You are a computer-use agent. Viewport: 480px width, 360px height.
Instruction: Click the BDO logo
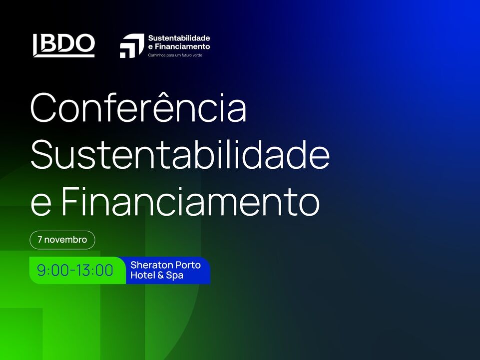pos(63,45)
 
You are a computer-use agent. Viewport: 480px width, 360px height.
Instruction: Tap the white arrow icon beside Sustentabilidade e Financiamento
pos(132,45)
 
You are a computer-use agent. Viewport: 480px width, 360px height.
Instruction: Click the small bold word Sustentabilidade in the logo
pos(179,38)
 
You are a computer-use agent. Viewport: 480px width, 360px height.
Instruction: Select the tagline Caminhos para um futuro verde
pos(175,55)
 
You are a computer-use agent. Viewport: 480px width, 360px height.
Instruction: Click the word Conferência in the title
pos(138,108)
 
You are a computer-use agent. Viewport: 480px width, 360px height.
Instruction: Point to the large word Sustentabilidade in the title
pos(180,154)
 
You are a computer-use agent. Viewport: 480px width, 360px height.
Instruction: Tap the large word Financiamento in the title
pos(190,201)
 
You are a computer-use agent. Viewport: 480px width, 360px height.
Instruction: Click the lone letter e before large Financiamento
pos(41,205)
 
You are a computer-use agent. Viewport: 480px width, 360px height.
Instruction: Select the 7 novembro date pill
pos(62,240)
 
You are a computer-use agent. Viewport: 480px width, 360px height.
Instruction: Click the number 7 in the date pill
pos(40,239)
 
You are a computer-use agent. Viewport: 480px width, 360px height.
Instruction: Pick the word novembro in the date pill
pos(66,239)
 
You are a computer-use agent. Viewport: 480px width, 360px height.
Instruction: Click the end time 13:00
pos(94,270)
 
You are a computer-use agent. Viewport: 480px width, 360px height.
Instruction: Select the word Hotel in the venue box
pos(143,275)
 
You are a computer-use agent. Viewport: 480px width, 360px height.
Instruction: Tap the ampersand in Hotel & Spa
pos(160,275)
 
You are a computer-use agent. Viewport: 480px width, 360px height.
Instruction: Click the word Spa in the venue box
pos(174,276)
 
